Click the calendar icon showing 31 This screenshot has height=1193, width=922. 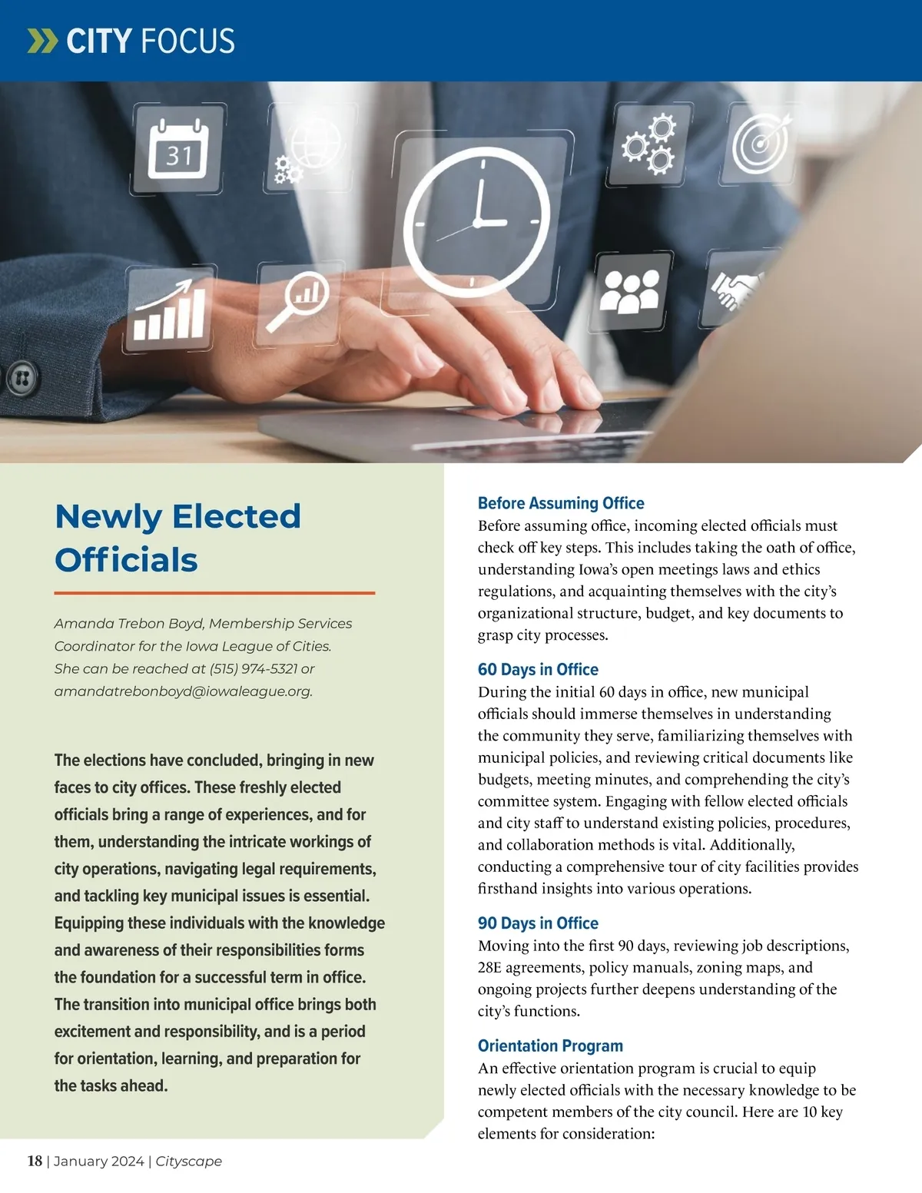178,150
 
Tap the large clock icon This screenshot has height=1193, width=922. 477,222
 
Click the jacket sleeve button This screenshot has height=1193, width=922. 22,378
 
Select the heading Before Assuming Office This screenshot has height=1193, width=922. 561,503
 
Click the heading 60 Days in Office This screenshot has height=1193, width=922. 538,669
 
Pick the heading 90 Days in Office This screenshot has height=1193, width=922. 538,923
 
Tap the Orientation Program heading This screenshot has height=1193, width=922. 550,1046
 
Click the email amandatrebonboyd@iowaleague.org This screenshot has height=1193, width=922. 183,691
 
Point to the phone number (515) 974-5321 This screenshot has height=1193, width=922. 254,669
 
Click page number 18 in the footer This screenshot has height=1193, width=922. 35,1161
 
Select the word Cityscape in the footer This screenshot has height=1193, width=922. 189,1161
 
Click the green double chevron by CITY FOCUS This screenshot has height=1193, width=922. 42,41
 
